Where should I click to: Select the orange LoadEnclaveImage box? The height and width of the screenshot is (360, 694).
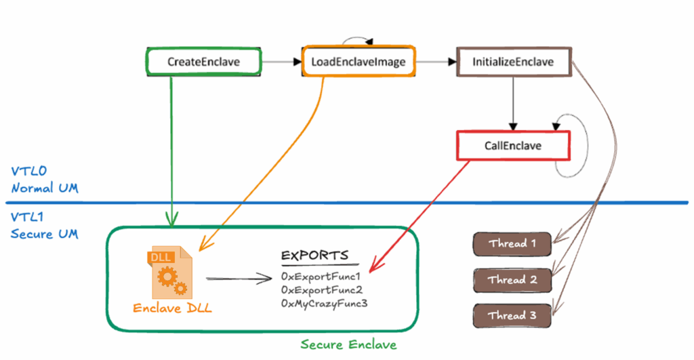point(358,62)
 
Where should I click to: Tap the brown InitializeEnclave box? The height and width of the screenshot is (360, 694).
point(513,62)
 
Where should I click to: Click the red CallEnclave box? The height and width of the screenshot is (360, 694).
point(513,146)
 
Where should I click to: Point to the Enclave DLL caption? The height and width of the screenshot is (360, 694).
point(171,308)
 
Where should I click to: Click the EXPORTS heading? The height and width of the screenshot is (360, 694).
point(314,256)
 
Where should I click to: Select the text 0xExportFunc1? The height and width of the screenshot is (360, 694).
point(320,277)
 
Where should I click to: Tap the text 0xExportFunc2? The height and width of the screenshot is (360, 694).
point(320,290)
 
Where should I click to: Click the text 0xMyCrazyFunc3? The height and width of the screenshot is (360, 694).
point(324,304)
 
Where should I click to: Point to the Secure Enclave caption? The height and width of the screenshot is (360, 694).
point(348,344)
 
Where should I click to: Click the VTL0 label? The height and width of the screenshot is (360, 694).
point(28,172)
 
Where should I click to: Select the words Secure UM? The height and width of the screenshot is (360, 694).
point(44,234)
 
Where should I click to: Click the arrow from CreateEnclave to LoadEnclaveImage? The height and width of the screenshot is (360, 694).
point(281,62)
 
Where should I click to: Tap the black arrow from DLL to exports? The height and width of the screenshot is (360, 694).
point(237,277)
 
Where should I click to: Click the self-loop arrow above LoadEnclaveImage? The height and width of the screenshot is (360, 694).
point(358,42)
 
